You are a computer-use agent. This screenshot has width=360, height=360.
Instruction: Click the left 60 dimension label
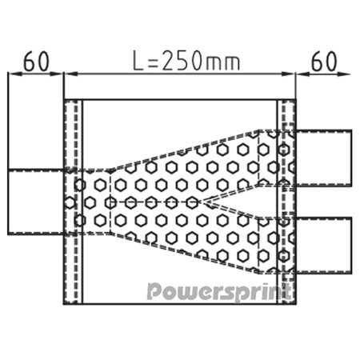[35, 61]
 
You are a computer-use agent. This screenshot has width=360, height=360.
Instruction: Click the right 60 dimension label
[323, 61]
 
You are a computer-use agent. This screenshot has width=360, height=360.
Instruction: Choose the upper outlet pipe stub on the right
[323, 151]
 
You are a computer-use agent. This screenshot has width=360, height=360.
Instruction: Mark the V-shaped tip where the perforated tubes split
[206, 202]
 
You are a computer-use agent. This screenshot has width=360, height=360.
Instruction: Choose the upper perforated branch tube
[232, 164]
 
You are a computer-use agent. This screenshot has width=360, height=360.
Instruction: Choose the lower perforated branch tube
[232, 236]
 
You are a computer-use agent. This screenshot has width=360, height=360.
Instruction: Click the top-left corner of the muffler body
[64, 100]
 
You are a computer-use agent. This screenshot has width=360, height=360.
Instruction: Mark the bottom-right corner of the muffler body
[295, 303]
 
